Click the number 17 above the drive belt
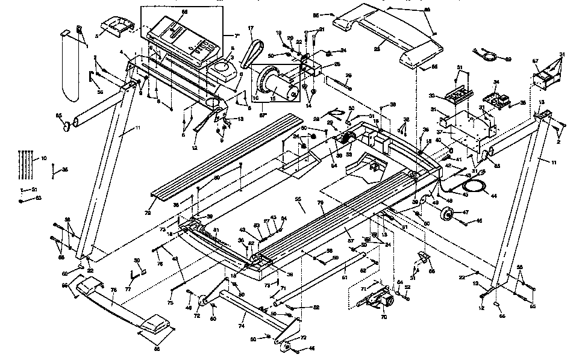250,29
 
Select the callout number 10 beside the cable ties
43,158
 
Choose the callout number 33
448,95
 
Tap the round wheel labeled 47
448,214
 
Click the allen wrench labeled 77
137,272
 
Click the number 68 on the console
184,12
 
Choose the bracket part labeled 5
114,25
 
